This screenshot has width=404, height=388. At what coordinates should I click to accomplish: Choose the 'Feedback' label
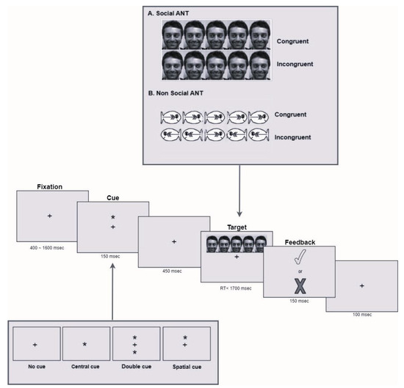click(x=299, y=240)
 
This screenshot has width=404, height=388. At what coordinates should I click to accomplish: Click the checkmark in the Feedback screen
click(x=299, y=257)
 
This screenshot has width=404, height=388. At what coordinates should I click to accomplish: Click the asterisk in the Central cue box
click(x=85, y=344)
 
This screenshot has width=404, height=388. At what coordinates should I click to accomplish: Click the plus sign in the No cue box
click(x=35, y=344)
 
